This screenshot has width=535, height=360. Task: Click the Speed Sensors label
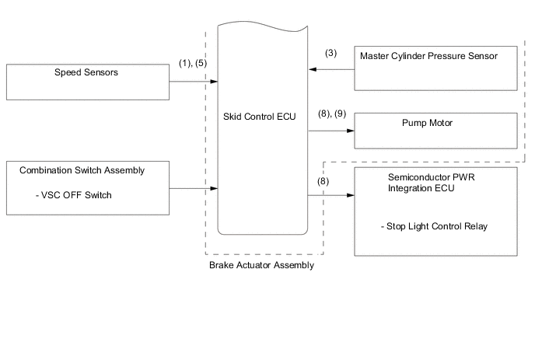[x=86, y=72]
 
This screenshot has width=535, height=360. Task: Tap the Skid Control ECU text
[x=259, y=117]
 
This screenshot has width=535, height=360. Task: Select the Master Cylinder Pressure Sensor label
[x=428, y=56]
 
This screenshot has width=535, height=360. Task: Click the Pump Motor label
[x=427, y=123]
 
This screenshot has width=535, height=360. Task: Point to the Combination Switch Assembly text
[x=82, y=170]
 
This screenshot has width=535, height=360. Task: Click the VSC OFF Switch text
[x=74, y=195]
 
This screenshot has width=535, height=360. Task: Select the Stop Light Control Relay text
[x=435, y=226]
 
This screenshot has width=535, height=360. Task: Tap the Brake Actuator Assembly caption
[x=261, y=265]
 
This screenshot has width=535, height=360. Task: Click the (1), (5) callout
[x=193, y=63]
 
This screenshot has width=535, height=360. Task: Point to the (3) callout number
[x=330, y=53]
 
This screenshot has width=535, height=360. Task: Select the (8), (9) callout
[x=332, y=114]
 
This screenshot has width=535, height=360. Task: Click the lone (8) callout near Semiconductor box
[x=323, y=181]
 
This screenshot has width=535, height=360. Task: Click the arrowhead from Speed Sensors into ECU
[x=214, y=82]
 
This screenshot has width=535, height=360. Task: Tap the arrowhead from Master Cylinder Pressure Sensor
[x=313, y=70]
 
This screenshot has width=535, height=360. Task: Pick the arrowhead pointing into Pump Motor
[x=351, y=131]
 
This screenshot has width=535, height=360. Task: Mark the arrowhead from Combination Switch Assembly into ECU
[x=214, y=188]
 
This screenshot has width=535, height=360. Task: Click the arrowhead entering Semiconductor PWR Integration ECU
[x=351, y=195]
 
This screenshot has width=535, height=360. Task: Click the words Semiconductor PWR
[x=432, y=177]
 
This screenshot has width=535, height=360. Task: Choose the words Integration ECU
[x=421, y=188]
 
